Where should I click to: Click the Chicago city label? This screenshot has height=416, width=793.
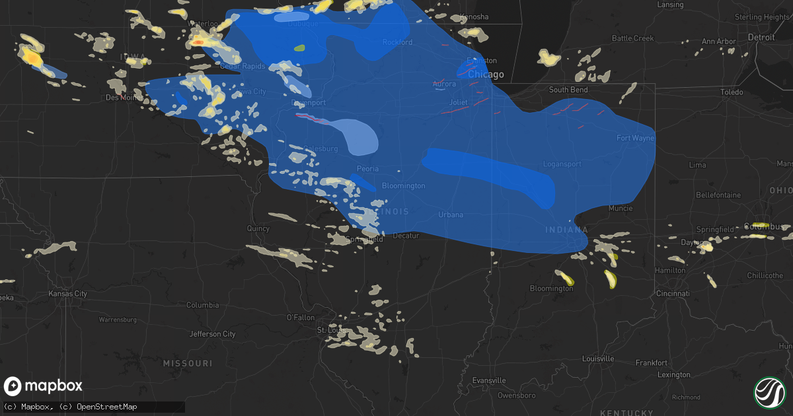[486, 75]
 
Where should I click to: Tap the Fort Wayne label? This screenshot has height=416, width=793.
[635, 138]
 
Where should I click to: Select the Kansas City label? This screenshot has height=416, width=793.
[68, 293]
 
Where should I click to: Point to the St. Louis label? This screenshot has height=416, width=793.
[328, 329]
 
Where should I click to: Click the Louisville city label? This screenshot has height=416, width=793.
[599, 359]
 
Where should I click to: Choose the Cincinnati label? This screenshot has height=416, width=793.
[673, 293]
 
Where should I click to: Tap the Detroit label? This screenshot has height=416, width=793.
[761, 38]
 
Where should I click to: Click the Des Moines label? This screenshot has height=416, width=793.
[123, 98]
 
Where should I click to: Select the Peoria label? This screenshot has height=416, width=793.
[367, 169]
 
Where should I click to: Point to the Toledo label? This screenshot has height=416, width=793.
[731, 92]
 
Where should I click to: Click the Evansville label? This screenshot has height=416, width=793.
[490, 380]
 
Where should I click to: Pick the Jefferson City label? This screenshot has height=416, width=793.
[213, 334]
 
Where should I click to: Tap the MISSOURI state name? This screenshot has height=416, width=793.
[189, 364]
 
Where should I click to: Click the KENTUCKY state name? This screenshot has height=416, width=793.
[623, 412]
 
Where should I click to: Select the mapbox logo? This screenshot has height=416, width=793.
[44, 386]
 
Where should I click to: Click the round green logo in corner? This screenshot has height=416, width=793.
[770, 392]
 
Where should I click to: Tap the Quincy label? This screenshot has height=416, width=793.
[258, 229]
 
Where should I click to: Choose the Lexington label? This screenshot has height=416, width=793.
[674, 375]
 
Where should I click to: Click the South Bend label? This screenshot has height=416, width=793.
[568, 89]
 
